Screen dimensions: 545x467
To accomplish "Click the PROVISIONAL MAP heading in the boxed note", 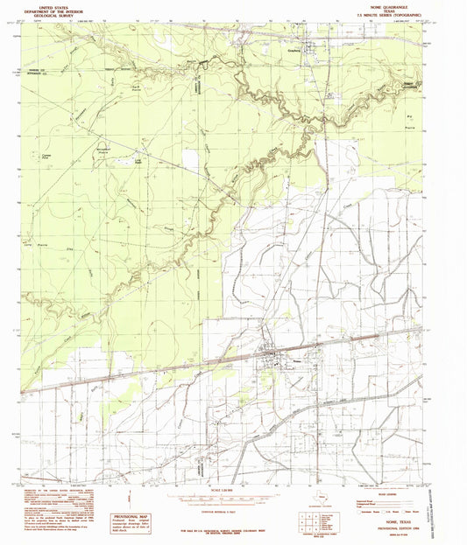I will [131, 494].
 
